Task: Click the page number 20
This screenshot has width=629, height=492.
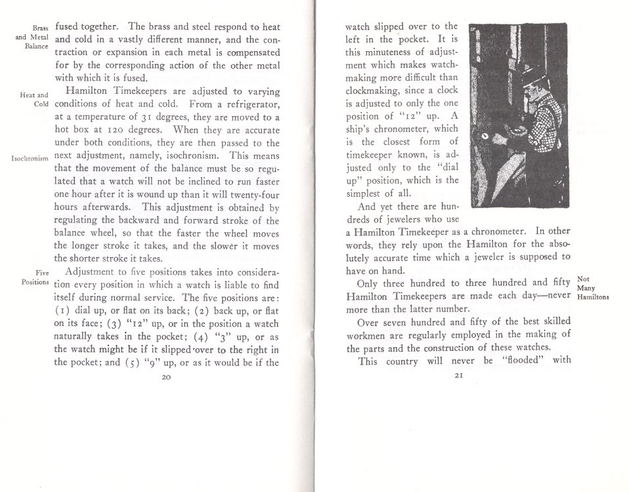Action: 165,377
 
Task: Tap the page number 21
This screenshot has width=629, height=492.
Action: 459,377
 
